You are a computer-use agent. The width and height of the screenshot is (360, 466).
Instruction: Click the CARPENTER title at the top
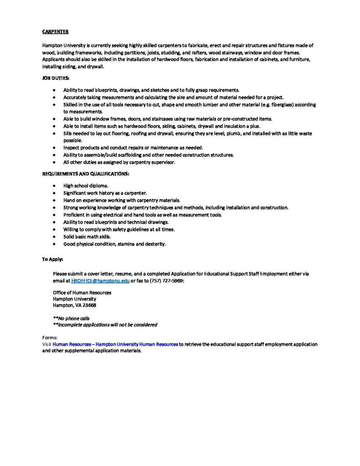click(x=56, y=32)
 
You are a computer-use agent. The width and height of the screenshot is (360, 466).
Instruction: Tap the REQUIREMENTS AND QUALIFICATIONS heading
click(x=86, y=174)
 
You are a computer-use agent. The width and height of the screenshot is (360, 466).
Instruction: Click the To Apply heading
click(x=53, y=259)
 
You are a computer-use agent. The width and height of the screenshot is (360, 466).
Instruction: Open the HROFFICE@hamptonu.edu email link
click(x=101, y=281)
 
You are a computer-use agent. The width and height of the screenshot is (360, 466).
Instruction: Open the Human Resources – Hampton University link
click(x=115, y=344)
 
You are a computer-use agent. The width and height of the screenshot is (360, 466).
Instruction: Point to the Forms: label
click(x=50, y=338)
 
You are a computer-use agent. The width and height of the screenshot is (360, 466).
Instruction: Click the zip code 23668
click(x=89, y=305)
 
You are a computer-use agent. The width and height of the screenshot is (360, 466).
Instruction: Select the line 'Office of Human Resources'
click(x=82, y=293)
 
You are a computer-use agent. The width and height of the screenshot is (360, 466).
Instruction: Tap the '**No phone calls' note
click(x=71, y=318)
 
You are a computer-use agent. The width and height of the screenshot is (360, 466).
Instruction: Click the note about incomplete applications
click(x=105, y=325)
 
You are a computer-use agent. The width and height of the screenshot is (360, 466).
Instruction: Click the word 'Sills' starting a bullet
click(x=69, y=134)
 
